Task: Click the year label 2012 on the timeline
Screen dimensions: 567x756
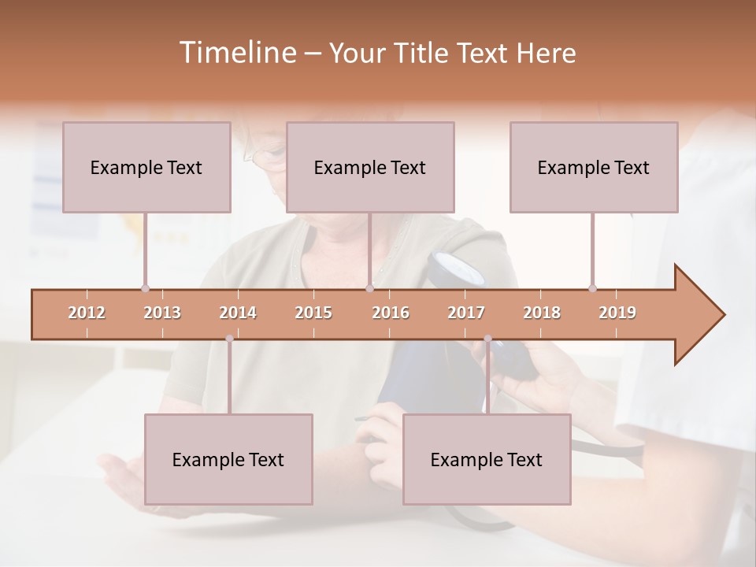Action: [87, 313]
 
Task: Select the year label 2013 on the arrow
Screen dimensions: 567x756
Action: [162, 313]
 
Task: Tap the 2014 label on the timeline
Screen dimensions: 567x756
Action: [238, 313]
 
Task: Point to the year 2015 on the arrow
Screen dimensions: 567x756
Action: [313, 313]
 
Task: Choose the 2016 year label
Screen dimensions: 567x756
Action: [391, 313]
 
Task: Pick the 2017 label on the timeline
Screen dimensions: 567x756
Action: [466, 313]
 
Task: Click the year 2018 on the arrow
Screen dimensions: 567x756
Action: [542, 313]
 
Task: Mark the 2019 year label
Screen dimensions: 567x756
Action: [617, 313]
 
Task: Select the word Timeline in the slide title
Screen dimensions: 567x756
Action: [236, 53]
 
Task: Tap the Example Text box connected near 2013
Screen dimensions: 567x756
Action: [146, 167]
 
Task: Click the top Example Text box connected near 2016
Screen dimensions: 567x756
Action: [370, 167]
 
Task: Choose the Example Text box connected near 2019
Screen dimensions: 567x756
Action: [594, 167]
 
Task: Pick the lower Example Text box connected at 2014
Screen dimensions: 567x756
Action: [228, 459]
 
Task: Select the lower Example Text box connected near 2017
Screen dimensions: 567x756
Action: [487, 459]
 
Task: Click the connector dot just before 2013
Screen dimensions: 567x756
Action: [145, 288]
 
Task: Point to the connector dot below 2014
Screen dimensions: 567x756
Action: [229, 339]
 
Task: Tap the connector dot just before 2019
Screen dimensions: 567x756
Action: [592, 288]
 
